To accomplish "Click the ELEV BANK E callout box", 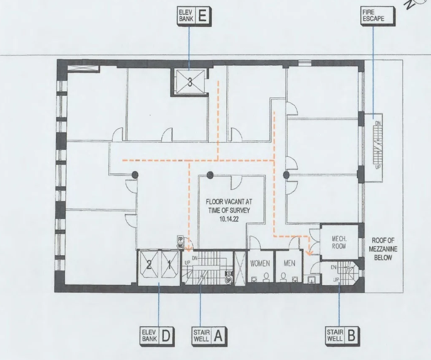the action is tap(194, 16).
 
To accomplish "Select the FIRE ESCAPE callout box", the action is tap(378, 16).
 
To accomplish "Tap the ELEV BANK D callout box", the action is tap(157, 336).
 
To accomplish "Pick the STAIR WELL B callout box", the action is tap(342, 336).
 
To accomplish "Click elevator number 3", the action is tap(190, 82).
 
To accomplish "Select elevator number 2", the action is tap(149, 265).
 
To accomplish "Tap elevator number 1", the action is tap(169, 265).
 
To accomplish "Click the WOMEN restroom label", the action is tap(260, 263).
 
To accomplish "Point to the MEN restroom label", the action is tap(289, 263).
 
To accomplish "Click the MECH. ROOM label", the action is tap(339, 243).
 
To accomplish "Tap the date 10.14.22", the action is tap(229, 219).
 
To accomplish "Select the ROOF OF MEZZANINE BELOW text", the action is tap(383, 249).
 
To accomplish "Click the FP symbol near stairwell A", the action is tap(180, 239).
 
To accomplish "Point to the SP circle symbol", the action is tap(229, 281).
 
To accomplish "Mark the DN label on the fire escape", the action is tap(378, 123).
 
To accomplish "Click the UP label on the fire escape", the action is tap(378, 167).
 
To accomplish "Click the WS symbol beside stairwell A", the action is tap(180, 246).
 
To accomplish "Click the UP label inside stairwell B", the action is tap(336, 280).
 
